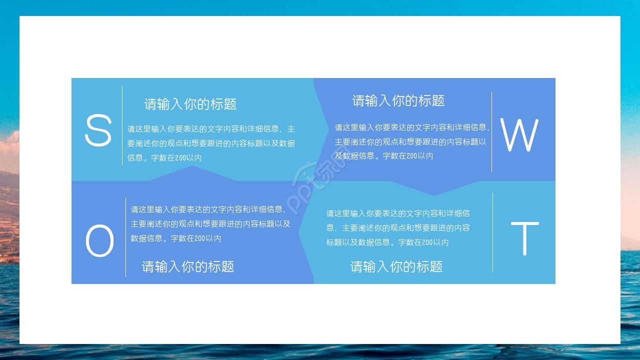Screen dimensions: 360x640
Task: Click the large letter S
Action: tap(98, 130)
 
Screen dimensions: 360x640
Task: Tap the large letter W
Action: tap(519, 135)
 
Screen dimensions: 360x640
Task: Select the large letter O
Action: tap(99, 241)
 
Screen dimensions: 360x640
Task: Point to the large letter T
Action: tap(524, 238)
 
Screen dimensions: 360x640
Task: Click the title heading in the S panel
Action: tap(190, 104)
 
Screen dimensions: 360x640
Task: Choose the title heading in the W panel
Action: tap(398, 100)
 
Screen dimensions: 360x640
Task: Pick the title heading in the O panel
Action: tap(188, 266)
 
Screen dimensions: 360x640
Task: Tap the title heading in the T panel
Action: tap(396, 266)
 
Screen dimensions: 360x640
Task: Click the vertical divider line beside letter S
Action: tap(122, 125)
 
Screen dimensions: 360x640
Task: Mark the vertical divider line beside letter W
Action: tap(492, 131)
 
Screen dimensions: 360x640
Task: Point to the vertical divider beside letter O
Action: tap(125, 237)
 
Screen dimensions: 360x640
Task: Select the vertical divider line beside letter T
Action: tap(493, 232)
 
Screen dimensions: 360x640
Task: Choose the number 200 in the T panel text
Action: tap(428, 242)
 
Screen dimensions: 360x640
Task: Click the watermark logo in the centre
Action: tap(320, 180)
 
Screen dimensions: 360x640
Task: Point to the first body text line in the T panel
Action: tap(398, 213)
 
